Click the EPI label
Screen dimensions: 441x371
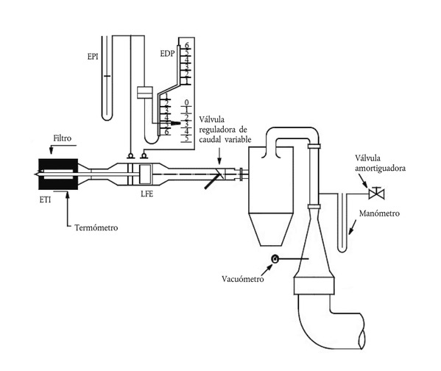coord(93,57)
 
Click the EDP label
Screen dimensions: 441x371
coord(167,54)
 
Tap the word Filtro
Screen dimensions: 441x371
coord(63,138)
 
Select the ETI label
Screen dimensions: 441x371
coord(46,199)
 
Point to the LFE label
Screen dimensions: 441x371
coord(147,194)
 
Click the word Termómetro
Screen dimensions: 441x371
coord(96,227)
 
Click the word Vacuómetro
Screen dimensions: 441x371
coord(243,279)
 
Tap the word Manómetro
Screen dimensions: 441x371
coord(379,213)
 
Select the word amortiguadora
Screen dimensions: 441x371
coord(380,169)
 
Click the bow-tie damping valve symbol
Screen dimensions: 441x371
coord(376,194)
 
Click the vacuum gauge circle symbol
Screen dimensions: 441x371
coord(275,258)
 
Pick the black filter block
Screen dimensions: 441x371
coord(58,174)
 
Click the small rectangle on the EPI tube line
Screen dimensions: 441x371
coord(145,93)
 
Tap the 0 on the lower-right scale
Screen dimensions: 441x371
coord(186,102)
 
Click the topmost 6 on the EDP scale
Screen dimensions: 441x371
coord(187,46)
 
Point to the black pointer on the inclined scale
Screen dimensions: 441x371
coord(175,123)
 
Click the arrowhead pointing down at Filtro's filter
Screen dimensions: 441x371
coord(51,151)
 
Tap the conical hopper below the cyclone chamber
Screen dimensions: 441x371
coord(270,229)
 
